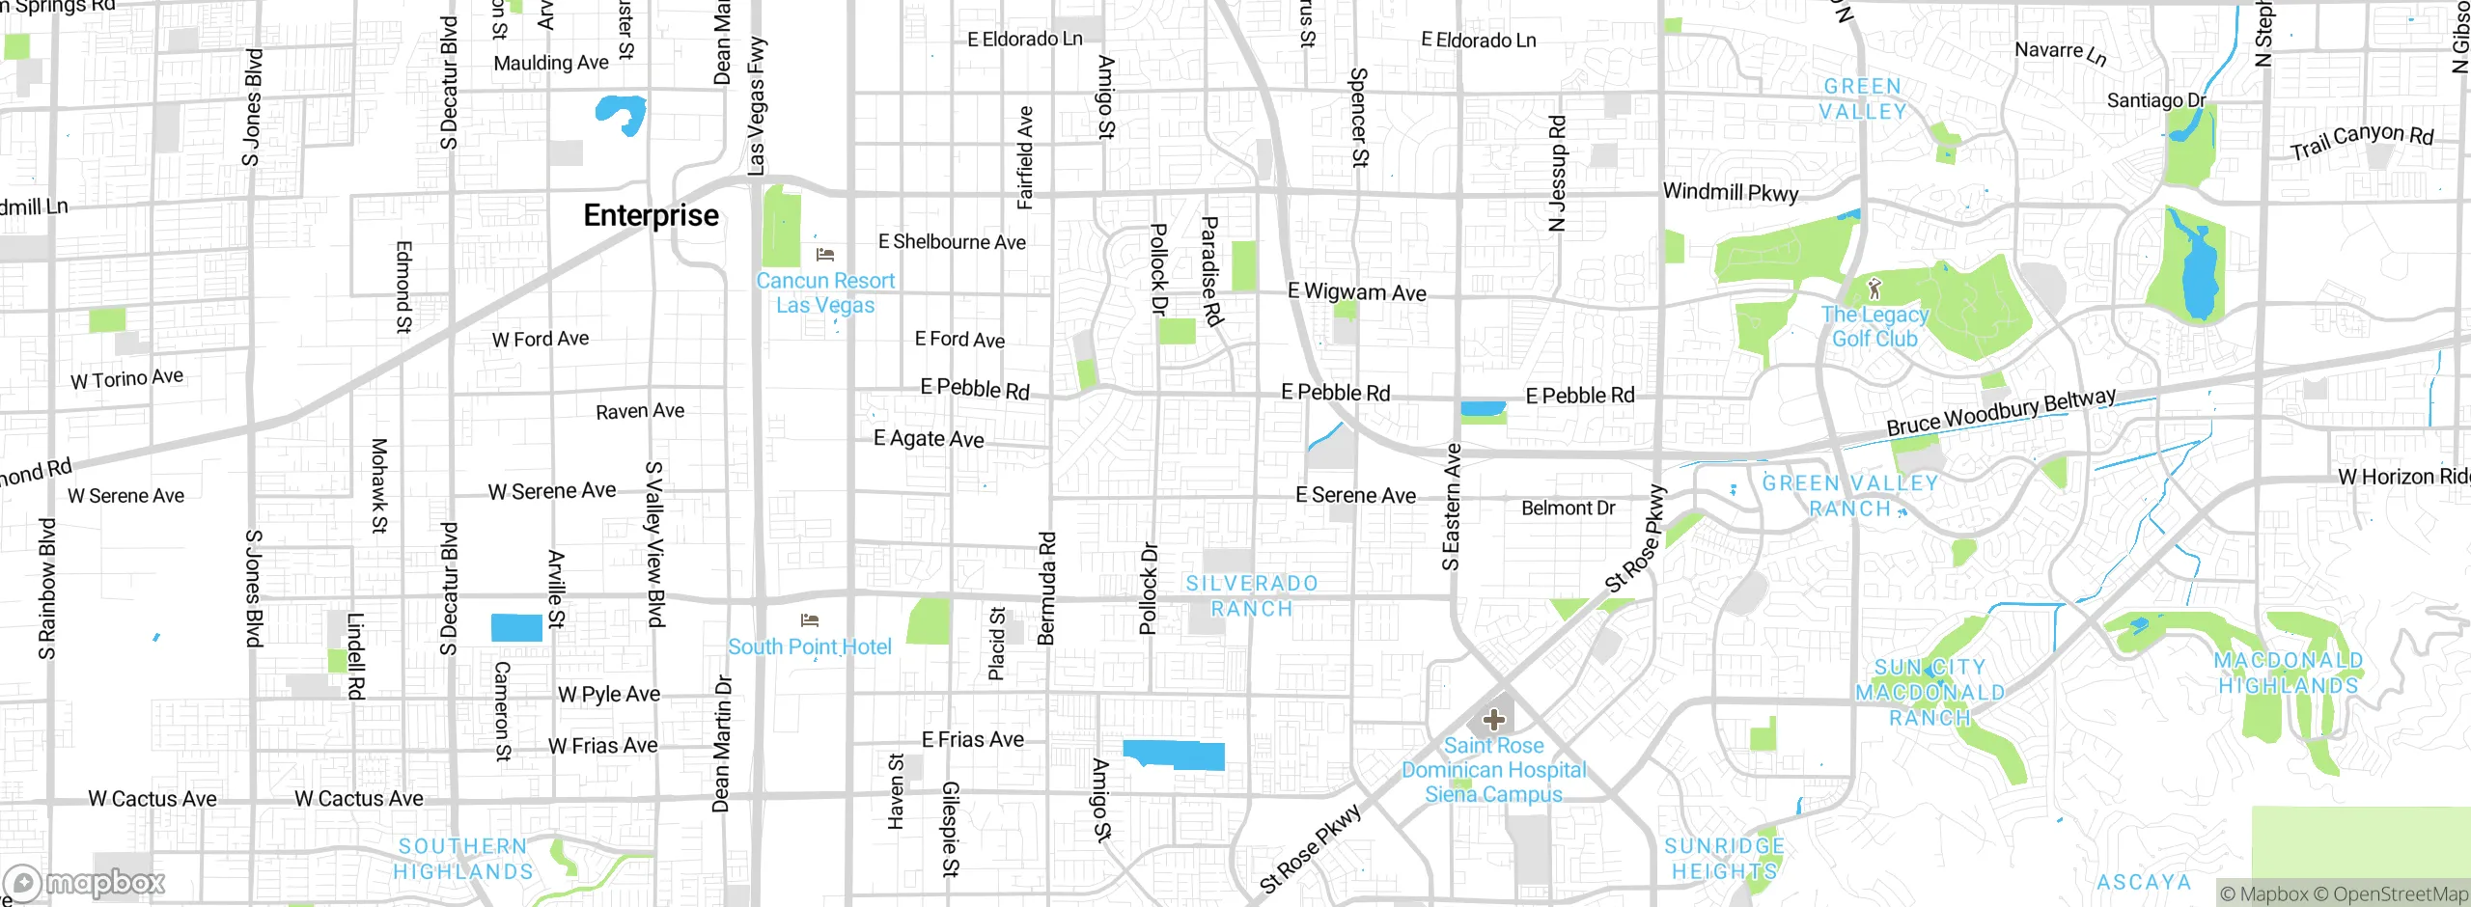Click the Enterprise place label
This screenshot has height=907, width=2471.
coord(651,215)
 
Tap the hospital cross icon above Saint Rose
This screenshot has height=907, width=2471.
coord(1493,720)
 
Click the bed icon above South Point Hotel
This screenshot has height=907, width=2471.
coord(810,619)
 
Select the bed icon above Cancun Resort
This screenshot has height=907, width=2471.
coord(824,255)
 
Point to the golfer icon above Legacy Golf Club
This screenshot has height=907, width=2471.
coord(1874,288)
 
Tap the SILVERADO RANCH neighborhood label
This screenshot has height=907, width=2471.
coord(1251,596)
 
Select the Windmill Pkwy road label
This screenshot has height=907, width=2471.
coord(1731,192)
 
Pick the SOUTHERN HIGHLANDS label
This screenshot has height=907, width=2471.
coord(463,859)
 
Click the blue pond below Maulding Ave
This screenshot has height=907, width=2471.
coord(620,114)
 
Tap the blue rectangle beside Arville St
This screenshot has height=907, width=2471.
coord(516,627)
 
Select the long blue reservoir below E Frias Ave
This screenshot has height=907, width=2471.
coord(1174,755)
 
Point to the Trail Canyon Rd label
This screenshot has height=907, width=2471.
coord(2362,141)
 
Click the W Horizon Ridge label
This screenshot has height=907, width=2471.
coord(2402,477)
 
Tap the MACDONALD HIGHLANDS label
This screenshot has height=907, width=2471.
coord(2288,673)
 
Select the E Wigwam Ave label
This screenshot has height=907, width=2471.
coord(1356,291)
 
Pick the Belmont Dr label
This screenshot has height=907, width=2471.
coord(1568,508)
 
